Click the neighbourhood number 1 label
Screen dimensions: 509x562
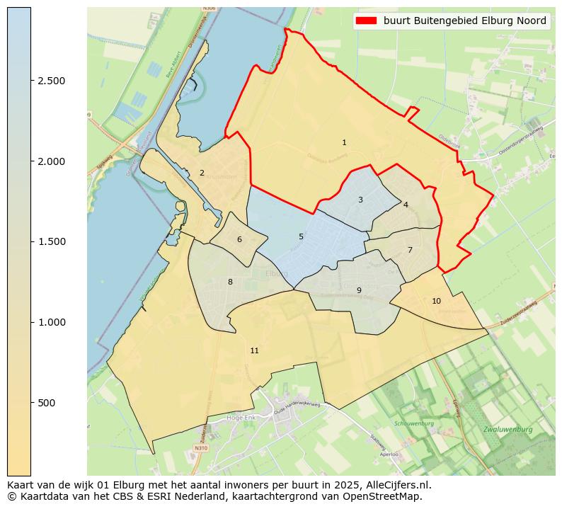pos(344,143)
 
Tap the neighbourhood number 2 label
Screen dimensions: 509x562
pos(202,173)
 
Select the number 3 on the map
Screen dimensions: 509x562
pos(360,200)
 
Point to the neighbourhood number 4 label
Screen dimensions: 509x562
pos(406,205)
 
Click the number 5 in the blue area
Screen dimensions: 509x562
pos(301,236)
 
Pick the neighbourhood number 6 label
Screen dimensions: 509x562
pos(239,239)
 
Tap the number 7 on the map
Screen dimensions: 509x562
pos(410,250)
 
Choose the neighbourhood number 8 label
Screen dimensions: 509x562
pos(230,282)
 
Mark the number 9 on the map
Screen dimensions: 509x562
pos(359,290)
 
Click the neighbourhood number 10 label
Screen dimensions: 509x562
pos(436,301)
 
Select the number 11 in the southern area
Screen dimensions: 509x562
pos(254,350)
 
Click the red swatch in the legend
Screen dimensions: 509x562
pos(366,21)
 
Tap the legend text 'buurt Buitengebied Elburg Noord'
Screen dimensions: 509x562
pos(465,21)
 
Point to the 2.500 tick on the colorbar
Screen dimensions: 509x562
pos(52,81)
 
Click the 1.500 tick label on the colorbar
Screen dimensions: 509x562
pos(52,241)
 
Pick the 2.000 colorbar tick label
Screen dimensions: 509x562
pos(52,161)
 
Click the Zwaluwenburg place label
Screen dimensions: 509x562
pos(507,430)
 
